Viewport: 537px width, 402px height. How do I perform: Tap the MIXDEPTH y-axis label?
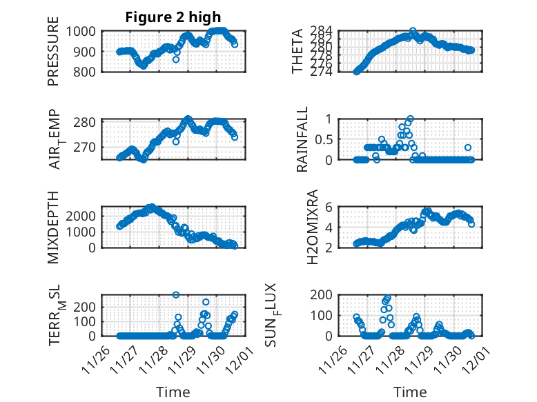(53, 226)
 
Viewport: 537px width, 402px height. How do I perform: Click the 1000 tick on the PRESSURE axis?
(86, 31)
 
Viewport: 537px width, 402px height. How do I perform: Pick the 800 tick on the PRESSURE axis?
(89, 71)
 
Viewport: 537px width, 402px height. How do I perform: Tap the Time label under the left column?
(173, 392)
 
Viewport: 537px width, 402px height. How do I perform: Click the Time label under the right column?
(410, 392)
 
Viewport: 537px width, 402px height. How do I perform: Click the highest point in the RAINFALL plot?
(410, 119)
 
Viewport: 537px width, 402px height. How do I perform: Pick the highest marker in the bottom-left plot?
(176, 294)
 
